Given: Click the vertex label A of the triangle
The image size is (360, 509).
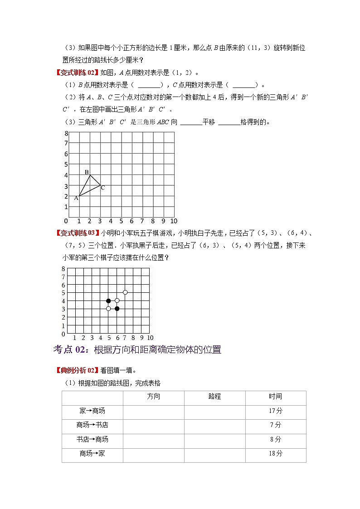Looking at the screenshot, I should (x=76, y=198).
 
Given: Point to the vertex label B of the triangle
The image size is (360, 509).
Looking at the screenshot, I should (x=87, y=172).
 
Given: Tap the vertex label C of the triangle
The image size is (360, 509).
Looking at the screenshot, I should (x=103, y=187).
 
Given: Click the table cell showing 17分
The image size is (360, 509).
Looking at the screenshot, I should (x=275, y=411).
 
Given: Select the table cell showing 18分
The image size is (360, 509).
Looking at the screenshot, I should (x=275, y=453).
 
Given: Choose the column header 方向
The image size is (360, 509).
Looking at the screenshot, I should (x=154, y=397).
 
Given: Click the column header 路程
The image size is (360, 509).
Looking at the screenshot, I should (x=215, y=397).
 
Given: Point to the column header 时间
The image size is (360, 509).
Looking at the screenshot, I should (x=275, y=397).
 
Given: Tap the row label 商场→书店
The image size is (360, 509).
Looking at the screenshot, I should (x=92, y=425).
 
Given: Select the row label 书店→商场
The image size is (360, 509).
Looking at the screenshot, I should (x=92, y=439).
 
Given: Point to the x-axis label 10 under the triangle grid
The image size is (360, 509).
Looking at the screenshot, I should (x=174, y=221).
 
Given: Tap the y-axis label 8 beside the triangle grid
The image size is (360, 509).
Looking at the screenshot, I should (x=66, y=133).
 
